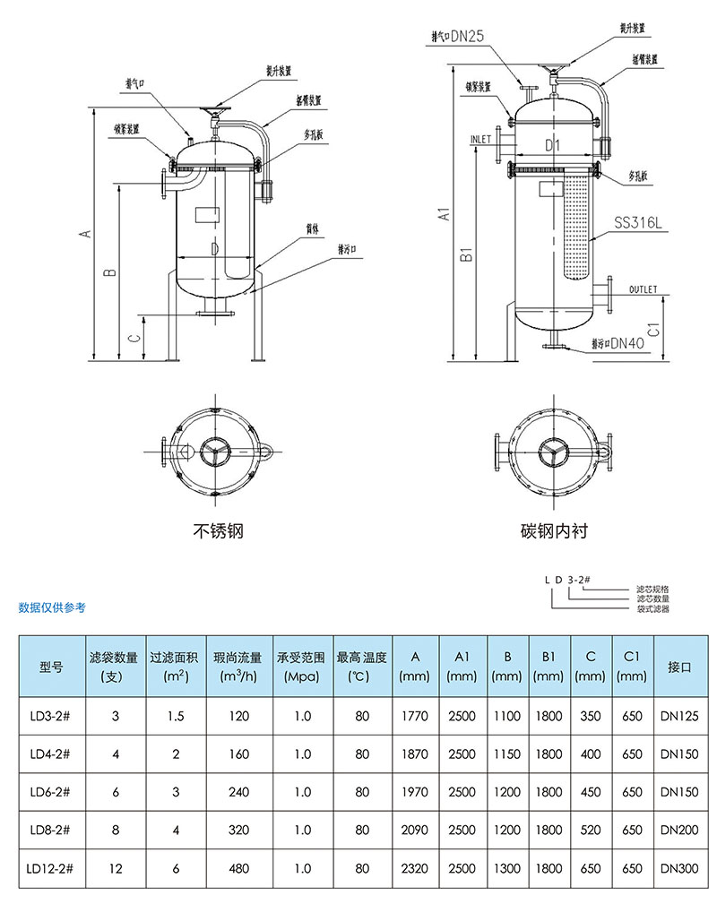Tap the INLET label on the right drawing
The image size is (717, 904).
pyautogui.click(x=480, y=140)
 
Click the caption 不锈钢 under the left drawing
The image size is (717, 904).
pyautogui.click(x=218, y=531)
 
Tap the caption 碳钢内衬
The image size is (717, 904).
pyautogui.click(x=554, y=531)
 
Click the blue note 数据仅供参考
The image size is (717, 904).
pyautogui.click(x=52, y=608)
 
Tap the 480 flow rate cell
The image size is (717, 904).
pyautogui.click(x=238, y=868)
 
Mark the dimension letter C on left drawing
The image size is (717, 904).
pyautogui.click(x=133, y=339)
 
